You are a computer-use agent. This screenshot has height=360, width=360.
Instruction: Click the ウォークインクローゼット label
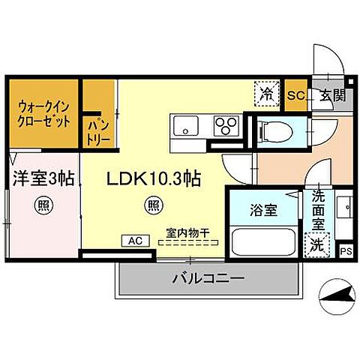coord(43,112)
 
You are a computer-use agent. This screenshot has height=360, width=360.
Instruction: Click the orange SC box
coord(295,95)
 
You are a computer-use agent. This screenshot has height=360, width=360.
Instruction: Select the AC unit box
coord(136,241)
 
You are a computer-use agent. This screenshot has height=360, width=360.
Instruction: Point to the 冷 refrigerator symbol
coord(267,94)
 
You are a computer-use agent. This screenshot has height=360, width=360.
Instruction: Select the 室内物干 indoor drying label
coord(188,232)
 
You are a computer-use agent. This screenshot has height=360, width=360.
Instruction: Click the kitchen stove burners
coord(226,124)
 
